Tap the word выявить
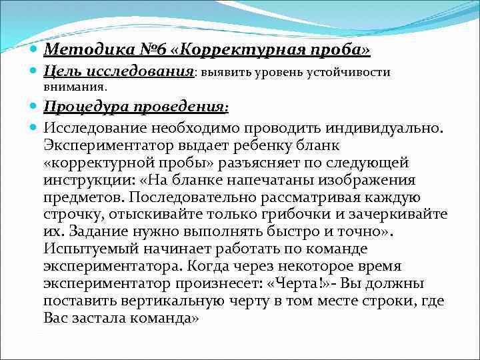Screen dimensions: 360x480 pyautogui.click(x=225, y=72)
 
